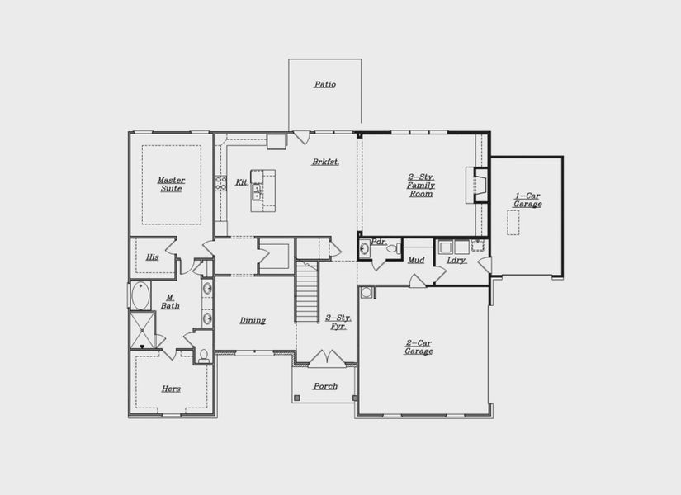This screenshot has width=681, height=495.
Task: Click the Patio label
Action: (324, 84)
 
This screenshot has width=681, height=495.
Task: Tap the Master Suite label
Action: (171, 184)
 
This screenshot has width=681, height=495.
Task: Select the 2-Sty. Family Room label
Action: (420, 186)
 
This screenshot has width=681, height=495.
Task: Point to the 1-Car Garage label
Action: (527, 200)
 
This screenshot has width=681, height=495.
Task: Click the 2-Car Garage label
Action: (419, 346)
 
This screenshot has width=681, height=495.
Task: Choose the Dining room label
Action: (253, 320)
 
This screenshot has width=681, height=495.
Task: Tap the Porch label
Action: (324, 386)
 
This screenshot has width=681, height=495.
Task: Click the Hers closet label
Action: (171, 389)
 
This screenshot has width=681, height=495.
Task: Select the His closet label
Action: (152, 257)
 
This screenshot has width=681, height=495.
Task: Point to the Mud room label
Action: (416, 260)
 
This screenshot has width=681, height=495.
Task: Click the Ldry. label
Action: (456, 260)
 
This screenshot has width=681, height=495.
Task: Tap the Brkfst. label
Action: (325, 162)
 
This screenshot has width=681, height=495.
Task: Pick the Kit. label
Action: (241, 182)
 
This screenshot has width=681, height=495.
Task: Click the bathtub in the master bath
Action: (140, 295)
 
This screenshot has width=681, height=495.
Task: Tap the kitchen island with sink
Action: (263, 191)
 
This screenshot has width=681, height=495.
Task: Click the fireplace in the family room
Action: (477, 185)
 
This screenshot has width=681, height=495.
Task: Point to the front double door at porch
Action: (327, 359)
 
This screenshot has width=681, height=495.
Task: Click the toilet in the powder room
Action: (392, 248)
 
